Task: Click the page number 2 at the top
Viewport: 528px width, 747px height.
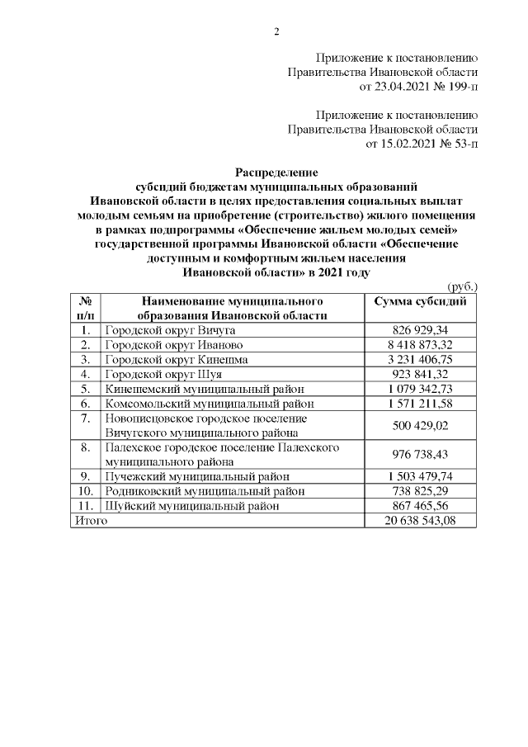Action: click(x=277, y=32)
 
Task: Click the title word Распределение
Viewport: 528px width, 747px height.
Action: click(x=276, y=172)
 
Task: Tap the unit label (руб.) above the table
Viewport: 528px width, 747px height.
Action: click(x=462, y=286)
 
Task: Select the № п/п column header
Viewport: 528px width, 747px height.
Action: click(x=85, y=308)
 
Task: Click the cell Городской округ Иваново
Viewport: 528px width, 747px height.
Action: click(x=172, y=344)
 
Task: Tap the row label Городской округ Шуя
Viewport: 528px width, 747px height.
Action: click(x=159, y=374)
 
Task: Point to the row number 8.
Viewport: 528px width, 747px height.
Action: click(x=85, y=447)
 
